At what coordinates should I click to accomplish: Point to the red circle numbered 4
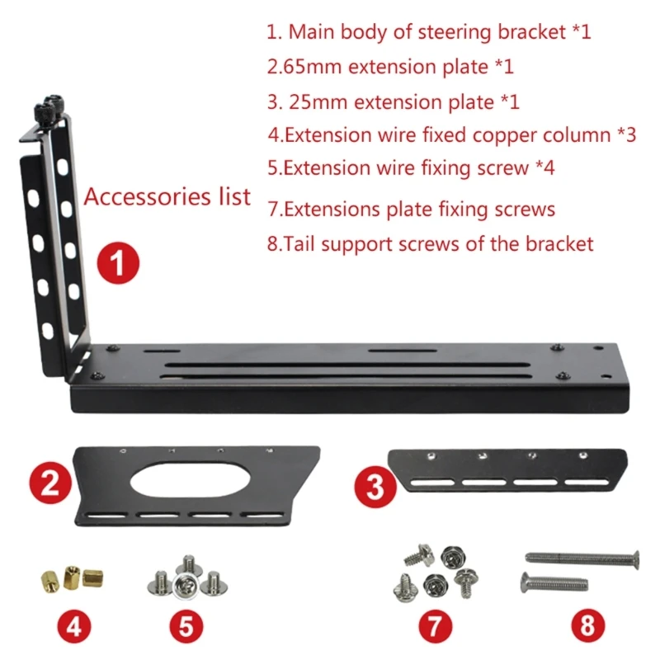(73, 626)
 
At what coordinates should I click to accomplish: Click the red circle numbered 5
(186, 626)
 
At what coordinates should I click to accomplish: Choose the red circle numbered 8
(587, 626)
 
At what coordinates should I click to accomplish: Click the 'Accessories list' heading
(167, 198)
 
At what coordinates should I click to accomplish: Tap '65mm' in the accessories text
(305, 67)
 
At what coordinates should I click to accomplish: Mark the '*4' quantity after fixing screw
(544, 168)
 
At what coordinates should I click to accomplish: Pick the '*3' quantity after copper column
(626, 134)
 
